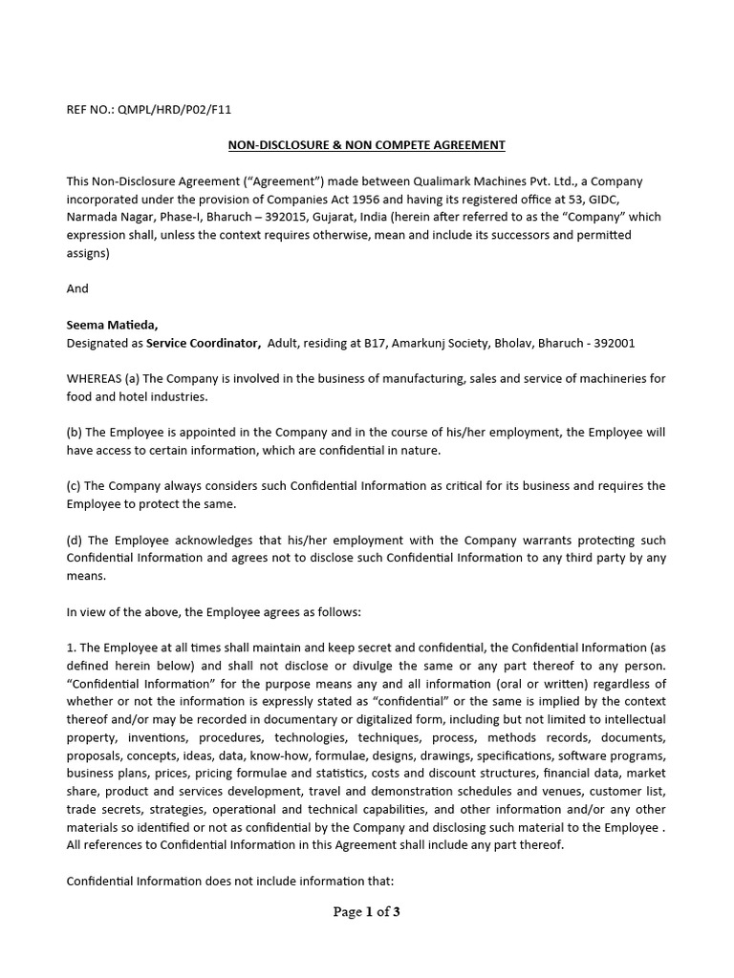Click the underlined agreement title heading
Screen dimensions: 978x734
(365, 145)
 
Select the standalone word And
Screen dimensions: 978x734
(77, 288)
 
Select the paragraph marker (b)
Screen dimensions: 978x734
(75, 433)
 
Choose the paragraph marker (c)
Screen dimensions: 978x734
(75, 486)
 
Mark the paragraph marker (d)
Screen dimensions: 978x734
(75, 541)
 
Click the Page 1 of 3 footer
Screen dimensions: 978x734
(366, 912)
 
